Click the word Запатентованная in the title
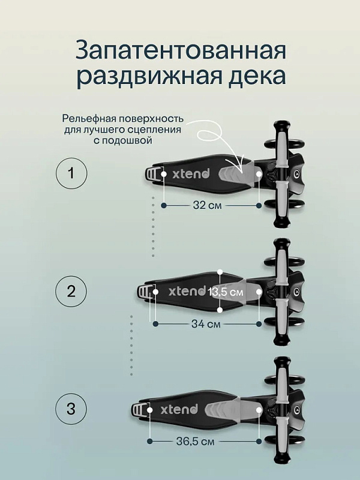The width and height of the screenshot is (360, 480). pos(181,50)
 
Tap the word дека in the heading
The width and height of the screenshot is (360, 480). pos(258,76)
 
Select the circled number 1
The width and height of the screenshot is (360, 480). pos(71,173)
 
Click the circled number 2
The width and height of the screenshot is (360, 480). pos(71,291)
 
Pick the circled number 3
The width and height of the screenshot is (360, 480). pos(71,409)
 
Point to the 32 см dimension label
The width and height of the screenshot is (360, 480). pos(207,205)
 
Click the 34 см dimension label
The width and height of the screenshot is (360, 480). pos(206,323)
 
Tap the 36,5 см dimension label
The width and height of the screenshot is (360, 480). pos(196,442)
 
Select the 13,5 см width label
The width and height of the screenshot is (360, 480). pos(226,292)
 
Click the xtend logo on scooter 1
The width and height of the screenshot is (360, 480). pos(191,173)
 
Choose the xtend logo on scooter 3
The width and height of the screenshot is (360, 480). pos(179,409)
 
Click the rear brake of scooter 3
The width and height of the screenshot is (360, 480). pos(139,410)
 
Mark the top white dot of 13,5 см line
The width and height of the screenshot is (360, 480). pos(220,272)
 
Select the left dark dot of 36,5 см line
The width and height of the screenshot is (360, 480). pos(149,441)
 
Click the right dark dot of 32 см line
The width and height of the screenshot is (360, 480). pos(259,206)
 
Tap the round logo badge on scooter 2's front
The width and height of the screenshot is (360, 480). pos(296,290)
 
